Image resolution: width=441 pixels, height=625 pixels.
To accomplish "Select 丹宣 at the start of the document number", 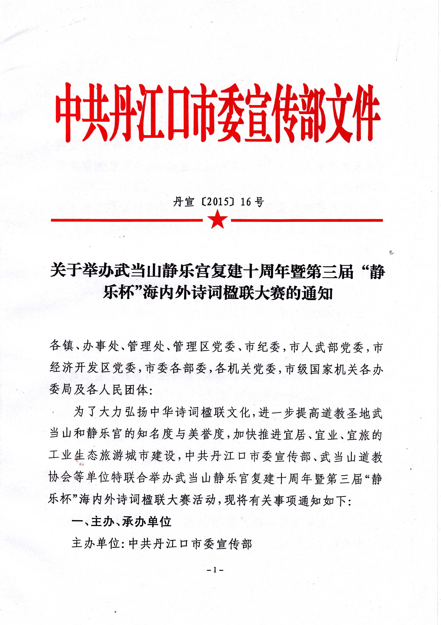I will click(x=184, y=202).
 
